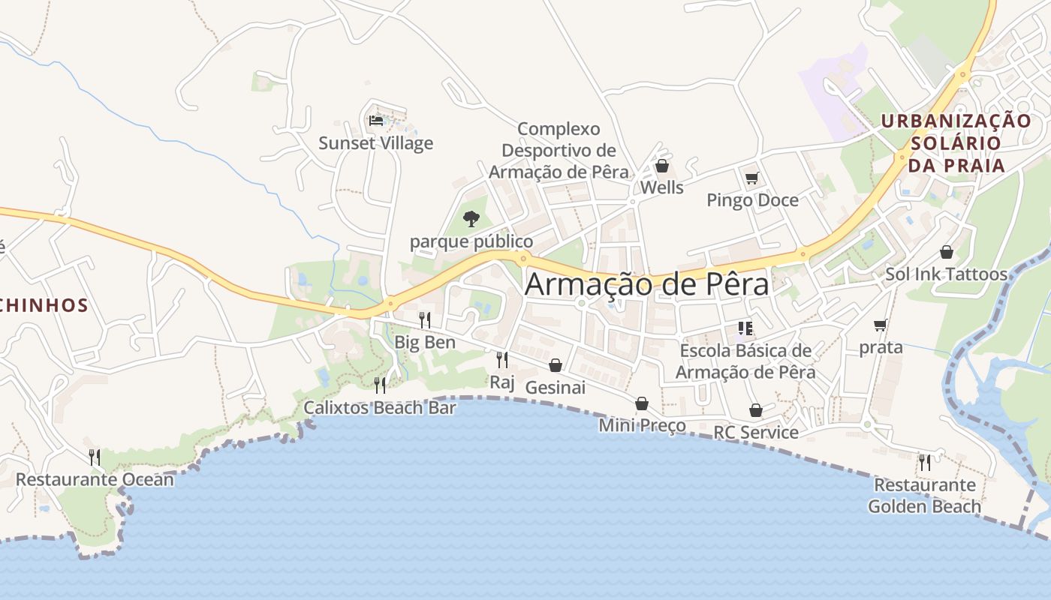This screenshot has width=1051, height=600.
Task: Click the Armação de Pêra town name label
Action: coord(646,285)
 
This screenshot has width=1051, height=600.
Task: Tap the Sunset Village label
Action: coord(375,142)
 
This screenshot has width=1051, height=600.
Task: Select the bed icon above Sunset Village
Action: coord(376,120)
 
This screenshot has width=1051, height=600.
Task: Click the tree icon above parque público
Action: coord(471,219)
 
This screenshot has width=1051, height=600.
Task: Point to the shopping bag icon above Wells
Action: coord(661,166)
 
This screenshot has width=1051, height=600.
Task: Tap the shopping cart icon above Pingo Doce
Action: coord(751,178)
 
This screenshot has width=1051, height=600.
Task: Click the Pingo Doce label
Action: coord(752,200)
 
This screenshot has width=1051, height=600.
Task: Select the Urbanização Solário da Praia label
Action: coord(956,142)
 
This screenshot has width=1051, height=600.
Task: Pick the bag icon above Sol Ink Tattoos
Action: coord(946,252)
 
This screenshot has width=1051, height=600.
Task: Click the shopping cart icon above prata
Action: coord(880,325)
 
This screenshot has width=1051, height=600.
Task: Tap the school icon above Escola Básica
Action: coord(745,328)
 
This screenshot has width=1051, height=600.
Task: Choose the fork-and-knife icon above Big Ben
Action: coord(424,320)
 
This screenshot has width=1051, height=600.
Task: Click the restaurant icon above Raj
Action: coord(501,360)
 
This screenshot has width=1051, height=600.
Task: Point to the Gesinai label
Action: coord(555,388)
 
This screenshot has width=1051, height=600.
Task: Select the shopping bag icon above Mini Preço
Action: coord(641,403)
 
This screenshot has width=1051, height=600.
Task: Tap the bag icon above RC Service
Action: coord(755,410)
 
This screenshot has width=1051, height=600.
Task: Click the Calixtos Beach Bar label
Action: coord(379,408)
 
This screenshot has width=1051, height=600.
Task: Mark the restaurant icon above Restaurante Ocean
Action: coord(94,457)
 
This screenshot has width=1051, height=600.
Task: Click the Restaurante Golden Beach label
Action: coord(924,496)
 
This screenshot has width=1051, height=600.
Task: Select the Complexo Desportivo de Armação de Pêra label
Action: coord(559,150)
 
